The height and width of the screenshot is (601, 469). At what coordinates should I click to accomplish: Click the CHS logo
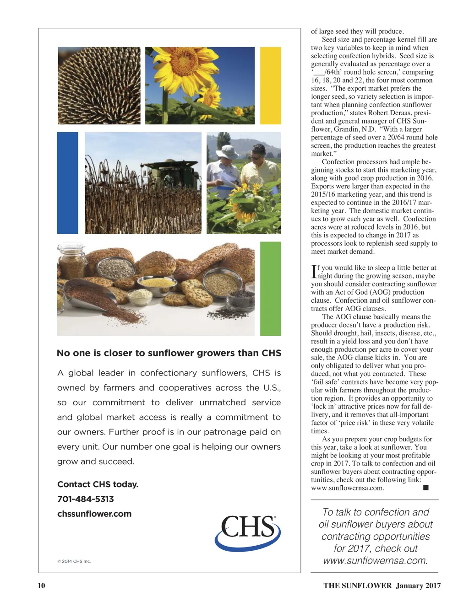247,531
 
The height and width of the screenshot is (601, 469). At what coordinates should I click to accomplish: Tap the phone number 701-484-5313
86,499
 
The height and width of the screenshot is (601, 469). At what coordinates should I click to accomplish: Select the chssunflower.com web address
94,514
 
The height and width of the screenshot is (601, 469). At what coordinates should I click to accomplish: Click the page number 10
41,585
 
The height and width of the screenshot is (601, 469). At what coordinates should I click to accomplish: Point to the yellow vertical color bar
270,86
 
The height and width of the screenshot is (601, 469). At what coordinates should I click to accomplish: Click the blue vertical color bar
67,183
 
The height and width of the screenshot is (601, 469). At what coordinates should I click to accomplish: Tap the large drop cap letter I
314,272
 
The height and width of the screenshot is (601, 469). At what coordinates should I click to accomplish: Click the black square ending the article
425,488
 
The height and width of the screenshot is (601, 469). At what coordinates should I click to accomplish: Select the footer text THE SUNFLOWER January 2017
382,585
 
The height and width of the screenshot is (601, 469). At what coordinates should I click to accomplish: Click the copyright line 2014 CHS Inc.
74,561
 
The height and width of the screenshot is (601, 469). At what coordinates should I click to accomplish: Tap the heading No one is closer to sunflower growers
169,353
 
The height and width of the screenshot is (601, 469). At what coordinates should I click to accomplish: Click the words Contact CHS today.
98,484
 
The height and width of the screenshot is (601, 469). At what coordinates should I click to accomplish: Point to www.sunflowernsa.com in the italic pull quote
375,561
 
